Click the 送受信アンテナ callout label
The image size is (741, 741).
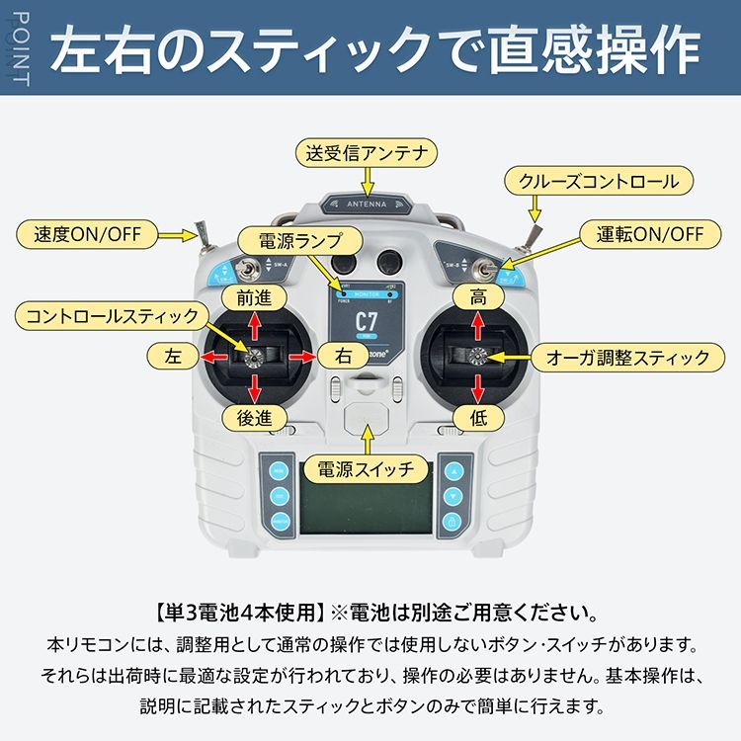367,153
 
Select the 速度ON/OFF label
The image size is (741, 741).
88,235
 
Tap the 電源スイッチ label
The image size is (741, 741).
366,468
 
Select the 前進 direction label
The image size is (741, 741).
254,296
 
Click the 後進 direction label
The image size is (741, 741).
254,418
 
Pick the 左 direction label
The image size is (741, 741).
174,356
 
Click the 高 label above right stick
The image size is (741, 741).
478,296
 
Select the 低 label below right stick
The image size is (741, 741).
478,418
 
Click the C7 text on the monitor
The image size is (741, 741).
367,321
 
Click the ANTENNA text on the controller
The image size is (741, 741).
367,206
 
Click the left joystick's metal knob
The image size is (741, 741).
254,357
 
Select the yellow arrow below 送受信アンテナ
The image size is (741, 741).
367,181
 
